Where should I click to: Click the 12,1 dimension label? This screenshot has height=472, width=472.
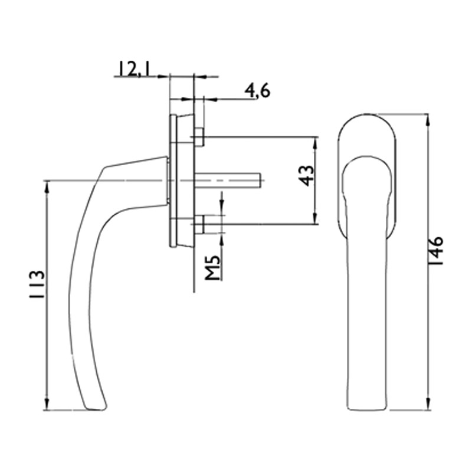tap(134, 68)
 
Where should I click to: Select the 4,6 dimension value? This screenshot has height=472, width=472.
tap(257, 91)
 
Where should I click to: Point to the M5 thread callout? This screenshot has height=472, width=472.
tap(214, 268)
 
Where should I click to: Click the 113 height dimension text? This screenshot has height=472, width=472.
tap(37, 284)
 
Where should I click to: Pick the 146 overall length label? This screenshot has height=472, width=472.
tap(435, 250)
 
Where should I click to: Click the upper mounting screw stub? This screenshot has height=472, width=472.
tap(199, 137)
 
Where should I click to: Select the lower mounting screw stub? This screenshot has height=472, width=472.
tap(199, 225)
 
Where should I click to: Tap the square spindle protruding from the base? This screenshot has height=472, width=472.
tap(227, 181)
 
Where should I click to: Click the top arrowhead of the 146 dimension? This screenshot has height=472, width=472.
tap(427, 120)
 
